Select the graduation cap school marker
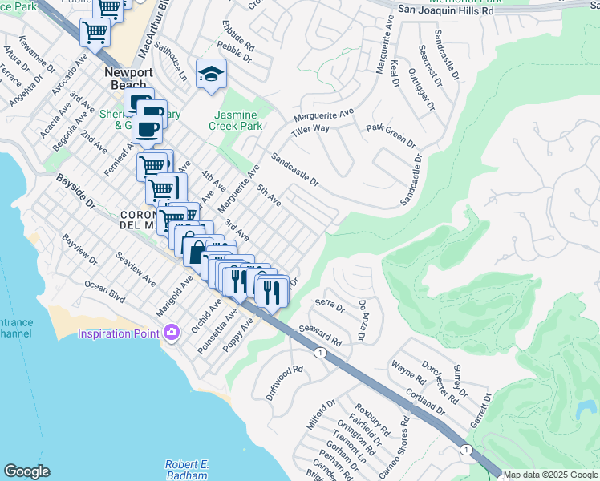(x=211, y=74)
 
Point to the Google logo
(x=27, y=471)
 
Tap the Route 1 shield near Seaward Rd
(x=320, y=353)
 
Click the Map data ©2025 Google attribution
(x=550, y=475)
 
